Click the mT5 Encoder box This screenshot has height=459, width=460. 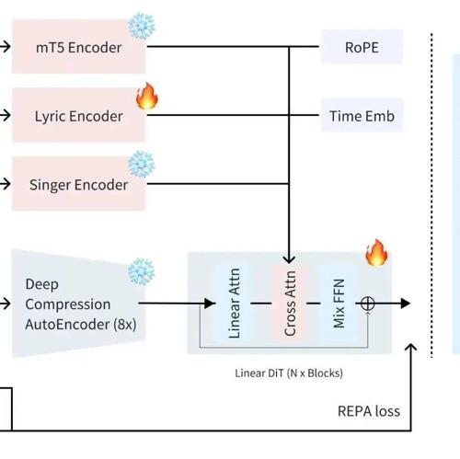pyautogui.click(x=78, y=47)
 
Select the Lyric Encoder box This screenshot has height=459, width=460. pyautogui.click(x=78, y=115)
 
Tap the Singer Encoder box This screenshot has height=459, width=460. pyautogui.click(x=78, y=184)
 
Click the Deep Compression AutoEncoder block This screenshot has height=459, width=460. pyautogui.click(x=78, y=304)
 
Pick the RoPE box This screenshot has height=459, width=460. pyautogui.click(x=362, y=47)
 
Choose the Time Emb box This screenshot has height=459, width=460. pyautogui.click(x=362, y=115)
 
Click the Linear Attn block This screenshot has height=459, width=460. pyautogui.click(x=234, y=304)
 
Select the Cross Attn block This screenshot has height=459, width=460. pyautogui.click(x=289, y=304)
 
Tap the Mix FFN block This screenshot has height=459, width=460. pyautogui.click(x=339, y=304)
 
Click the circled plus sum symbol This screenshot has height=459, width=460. pyautogui.click(x=367, y=304)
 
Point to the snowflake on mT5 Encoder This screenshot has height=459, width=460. pyautogui.click(x=142, y=26)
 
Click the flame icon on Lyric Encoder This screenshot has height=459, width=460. pyautogui.click(x=147, y=96)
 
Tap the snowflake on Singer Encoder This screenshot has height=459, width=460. pyautogui.click(x=142, y=165)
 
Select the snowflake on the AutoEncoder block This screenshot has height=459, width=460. pyautogui.click(x=141, y=271)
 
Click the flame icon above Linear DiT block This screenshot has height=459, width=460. pyautogui.click(x=376, y=252)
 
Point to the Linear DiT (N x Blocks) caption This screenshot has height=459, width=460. pyautogui.click(x=289, y=373)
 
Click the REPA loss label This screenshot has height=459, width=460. pyautogui.click(x=369, y=411)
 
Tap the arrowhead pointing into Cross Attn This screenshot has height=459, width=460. pyautogui.click(x=289, y=259)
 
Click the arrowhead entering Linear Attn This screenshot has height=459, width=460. pyautogui.click(x=210, y=304)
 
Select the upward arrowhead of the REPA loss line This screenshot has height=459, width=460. pyautogui.click(x=411, y=347)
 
